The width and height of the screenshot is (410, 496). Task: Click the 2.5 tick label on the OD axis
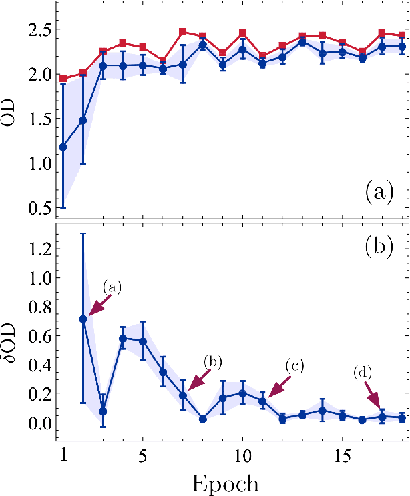point(37,31)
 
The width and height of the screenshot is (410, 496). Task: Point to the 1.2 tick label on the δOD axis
point(37,250)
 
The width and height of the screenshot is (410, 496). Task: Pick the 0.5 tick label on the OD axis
point(37,208)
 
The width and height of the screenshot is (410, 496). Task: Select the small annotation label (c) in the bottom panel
point(295,366)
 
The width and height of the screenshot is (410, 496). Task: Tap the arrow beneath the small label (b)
point(200,379)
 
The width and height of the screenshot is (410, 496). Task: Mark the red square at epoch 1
point(63,79)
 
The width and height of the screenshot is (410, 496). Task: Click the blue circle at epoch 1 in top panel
point(63,147)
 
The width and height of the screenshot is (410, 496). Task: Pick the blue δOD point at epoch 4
point(123,339)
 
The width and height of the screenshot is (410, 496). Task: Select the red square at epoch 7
point(183,32)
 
